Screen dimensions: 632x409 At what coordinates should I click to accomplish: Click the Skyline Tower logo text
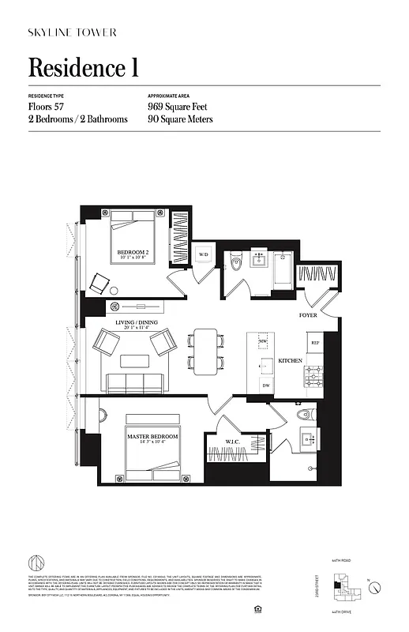[73, 32]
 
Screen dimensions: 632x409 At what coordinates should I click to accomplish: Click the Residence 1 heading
[84, 68]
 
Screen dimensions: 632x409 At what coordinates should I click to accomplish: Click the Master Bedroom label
[152, 437]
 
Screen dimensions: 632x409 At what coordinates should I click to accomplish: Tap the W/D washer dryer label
[203, 255]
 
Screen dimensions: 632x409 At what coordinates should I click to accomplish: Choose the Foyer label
[308, 315]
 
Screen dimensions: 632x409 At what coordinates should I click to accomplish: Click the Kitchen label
[290, 360]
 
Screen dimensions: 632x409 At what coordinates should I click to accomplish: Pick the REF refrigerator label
[314, 343]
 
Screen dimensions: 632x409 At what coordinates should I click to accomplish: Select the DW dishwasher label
[266, 385]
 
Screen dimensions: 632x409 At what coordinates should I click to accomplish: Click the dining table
[206, 352]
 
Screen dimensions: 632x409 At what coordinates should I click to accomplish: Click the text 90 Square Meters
[180, 119]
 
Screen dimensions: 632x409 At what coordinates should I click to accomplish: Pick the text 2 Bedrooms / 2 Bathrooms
[78, 119]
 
